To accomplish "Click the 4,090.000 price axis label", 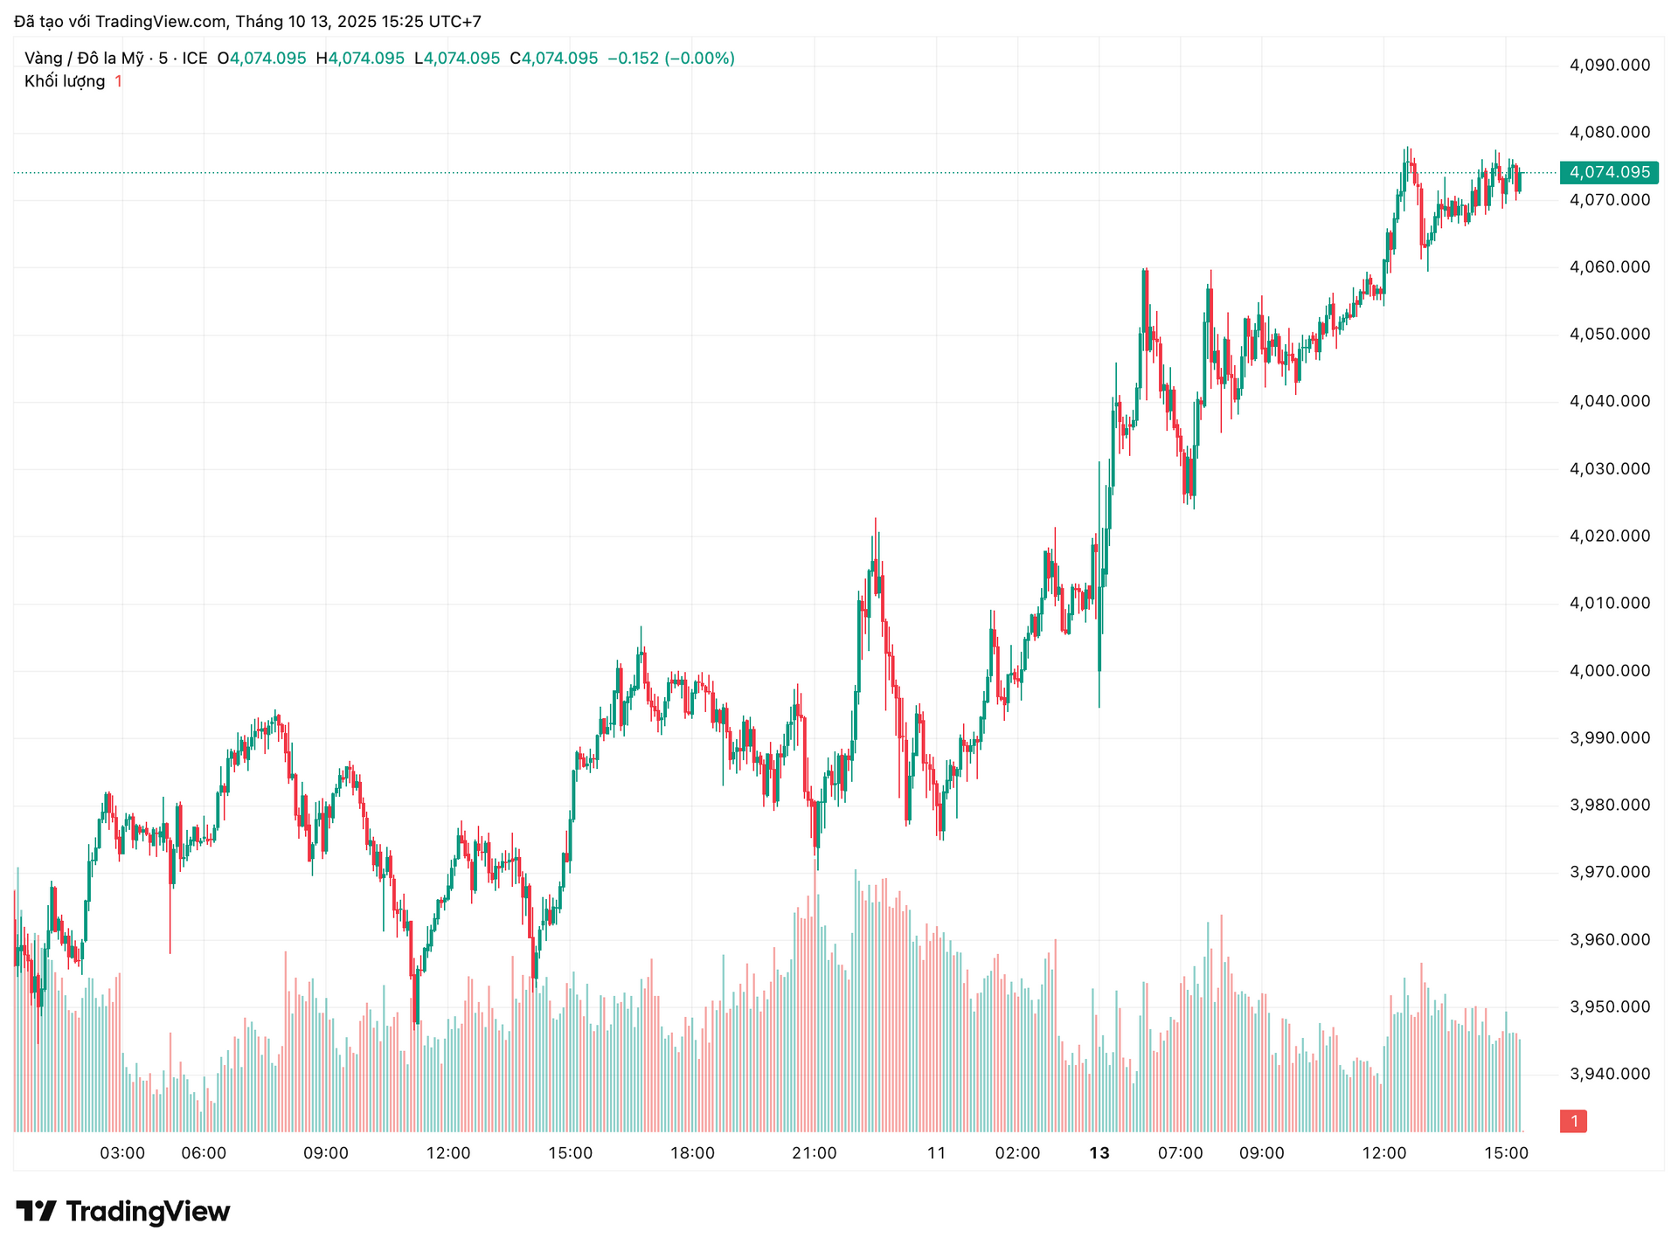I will click(1610, 65).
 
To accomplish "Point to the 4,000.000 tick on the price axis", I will click(1610, 670).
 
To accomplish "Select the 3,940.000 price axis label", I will click(1610, 1074).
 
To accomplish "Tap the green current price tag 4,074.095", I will click(1609, 172).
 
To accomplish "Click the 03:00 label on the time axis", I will click(122, 1153).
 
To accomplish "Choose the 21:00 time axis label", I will click(815, 1153).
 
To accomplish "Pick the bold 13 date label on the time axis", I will click(1099, 1153).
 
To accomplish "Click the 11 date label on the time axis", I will click(937, 1153).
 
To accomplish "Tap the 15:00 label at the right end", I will click(1507, 1153).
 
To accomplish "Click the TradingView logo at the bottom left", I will click(123, 1211).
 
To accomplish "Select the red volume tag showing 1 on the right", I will click(1574, 1121).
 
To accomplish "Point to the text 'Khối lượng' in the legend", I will click(65, 81).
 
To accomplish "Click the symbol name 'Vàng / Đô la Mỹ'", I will click(84, 59).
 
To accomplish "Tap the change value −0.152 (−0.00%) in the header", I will click(671, 59).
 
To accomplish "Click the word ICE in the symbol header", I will click(194, 59).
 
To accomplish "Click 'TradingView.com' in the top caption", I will click(161, 22).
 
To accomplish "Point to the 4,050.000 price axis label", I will click(1610, 334).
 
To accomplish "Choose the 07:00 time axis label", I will click(1181, 1153).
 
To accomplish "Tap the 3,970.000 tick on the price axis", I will click(1610, 872).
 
